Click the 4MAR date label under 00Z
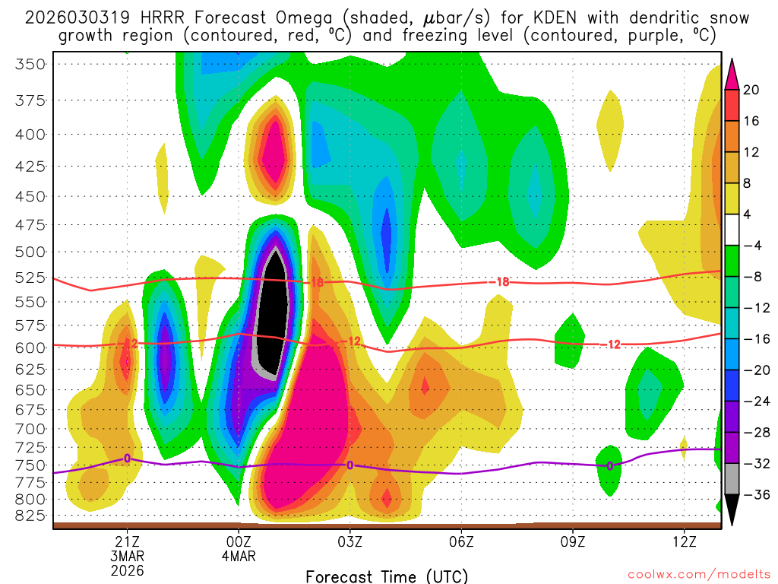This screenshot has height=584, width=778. click(x=239, y=555)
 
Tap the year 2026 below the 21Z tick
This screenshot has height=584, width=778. click(x=127, y=570)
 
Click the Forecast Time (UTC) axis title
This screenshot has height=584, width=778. click(x=387, y=575)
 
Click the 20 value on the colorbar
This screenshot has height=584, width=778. click(x=751, y=90)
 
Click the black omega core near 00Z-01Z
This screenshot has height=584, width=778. click(x=270, y=319)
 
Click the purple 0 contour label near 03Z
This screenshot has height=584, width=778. click(x=349, y=465)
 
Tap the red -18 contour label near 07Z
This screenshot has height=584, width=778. click(x=499, y=282)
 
